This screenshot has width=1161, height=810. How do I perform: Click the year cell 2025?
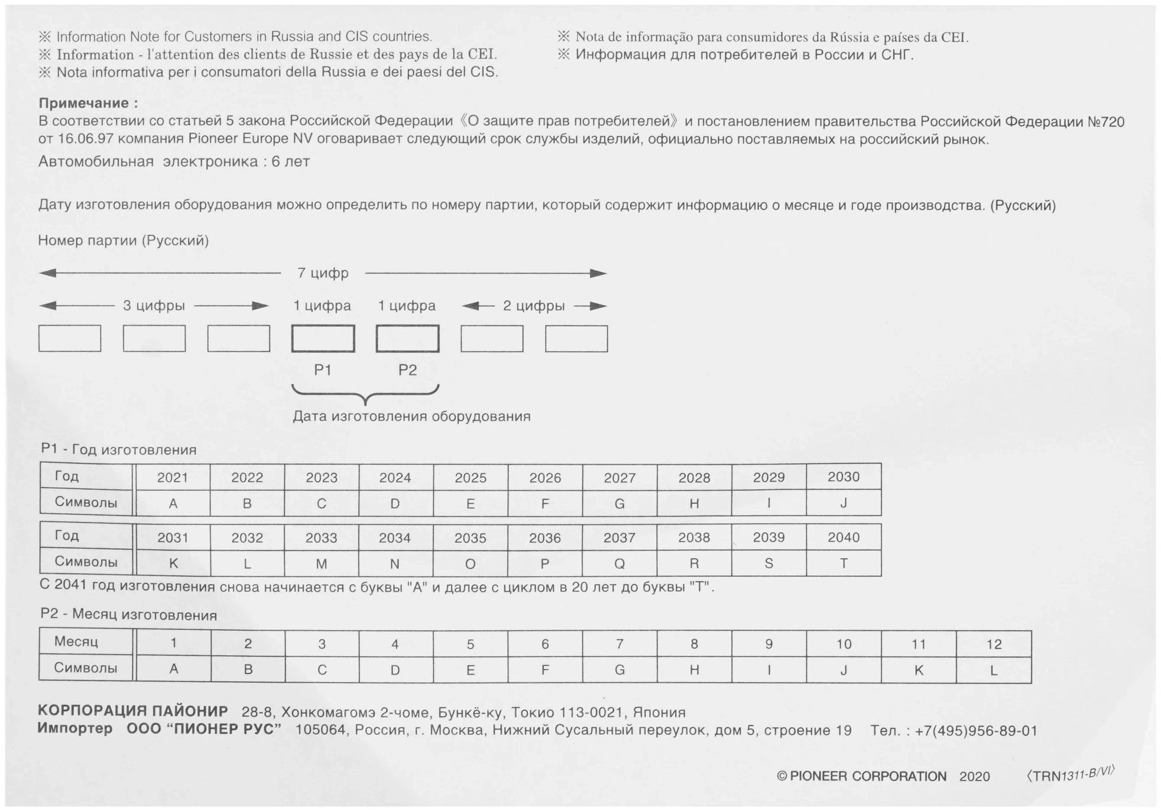pos(471,478)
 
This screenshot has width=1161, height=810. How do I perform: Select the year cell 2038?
pos(694,537)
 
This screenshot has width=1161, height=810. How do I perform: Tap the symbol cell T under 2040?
pos(844,563)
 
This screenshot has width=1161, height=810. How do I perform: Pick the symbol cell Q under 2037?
pos(620,563)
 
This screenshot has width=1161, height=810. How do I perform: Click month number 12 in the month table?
pos(994,644)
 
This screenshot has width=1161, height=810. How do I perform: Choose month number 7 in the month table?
pos(620,644)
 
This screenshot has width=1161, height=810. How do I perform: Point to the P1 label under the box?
pos(323,370)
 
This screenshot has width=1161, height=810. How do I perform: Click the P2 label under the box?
pos(407,370)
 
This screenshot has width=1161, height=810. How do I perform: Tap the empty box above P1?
pos(323,339)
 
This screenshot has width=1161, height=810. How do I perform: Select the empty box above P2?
pos(407,339)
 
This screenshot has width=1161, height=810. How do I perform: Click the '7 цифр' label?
pos(323,273)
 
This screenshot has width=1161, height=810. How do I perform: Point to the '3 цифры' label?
pos(154,306)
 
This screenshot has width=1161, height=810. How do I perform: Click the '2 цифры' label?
pos(534,306)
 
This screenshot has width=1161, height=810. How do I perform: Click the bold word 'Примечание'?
pos(84,103)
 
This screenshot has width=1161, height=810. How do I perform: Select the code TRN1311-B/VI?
pos(1071,774)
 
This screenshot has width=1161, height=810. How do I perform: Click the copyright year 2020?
pos(974,777)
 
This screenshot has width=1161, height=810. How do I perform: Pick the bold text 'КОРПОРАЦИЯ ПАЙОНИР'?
pos(133,711)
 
